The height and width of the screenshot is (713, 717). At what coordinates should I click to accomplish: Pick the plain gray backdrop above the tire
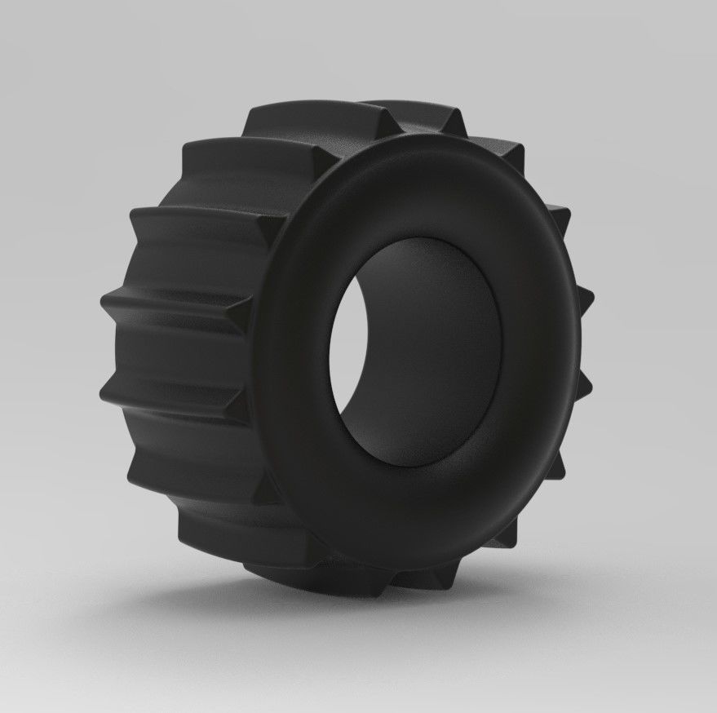[359, 41]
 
